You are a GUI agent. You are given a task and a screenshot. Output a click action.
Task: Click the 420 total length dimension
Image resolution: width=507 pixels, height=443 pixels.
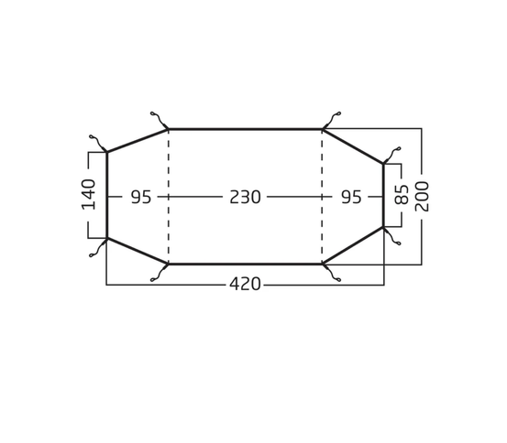[245, 285]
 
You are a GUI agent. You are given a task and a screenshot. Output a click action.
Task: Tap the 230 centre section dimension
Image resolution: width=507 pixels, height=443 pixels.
[245, 197]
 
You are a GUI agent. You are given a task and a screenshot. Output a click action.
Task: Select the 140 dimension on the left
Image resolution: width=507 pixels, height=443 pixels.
[89, 194]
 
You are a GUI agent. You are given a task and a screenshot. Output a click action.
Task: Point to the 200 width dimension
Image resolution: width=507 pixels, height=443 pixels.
[422, 196]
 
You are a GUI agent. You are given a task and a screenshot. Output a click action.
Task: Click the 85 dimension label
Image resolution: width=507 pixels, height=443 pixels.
[402, 194]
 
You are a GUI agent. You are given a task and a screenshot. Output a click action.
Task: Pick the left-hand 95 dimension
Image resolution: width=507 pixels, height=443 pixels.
[140, 197]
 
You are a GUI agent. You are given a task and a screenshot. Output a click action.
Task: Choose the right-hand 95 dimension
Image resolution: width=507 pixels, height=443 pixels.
[351, 197]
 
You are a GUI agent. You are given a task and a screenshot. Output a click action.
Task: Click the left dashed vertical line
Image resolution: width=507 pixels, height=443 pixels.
[169, 196]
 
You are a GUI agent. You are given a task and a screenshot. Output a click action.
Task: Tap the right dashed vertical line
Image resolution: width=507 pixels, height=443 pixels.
[322, 196]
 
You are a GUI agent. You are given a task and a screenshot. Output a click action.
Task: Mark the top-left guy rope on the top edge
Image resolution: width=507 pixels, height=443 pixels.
[160, 120]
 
